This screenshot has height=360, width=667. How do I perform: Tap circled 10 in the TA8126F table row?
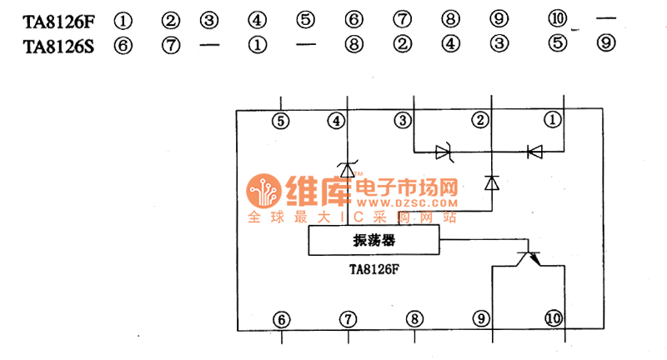(557, 19)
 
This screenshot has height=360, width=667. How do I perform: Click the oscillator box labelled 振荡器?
(373, 242)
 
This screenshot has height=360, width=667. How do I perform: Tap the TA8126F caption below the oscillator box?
(374, 270)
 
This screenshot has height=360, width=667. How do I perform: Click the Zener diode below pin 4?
(349, 170)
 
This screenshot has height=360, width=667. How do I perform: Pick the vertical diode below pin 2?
(491, 182)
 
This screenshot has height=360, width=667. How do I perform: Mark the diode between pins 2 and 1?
(534, 152)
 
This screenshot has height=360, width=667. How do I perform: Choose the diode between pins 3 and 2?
(443, 152)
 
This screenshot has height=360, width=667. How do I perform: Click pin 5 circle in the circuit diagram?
(281, 121)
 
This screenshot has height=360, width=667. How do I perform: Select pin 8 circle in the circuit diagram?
(414, 319)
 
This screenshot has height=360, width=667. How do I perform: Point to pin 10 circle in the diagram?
(553, 319)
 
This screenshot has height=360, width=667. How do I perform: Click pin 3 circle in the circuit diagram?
(404, 121)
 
